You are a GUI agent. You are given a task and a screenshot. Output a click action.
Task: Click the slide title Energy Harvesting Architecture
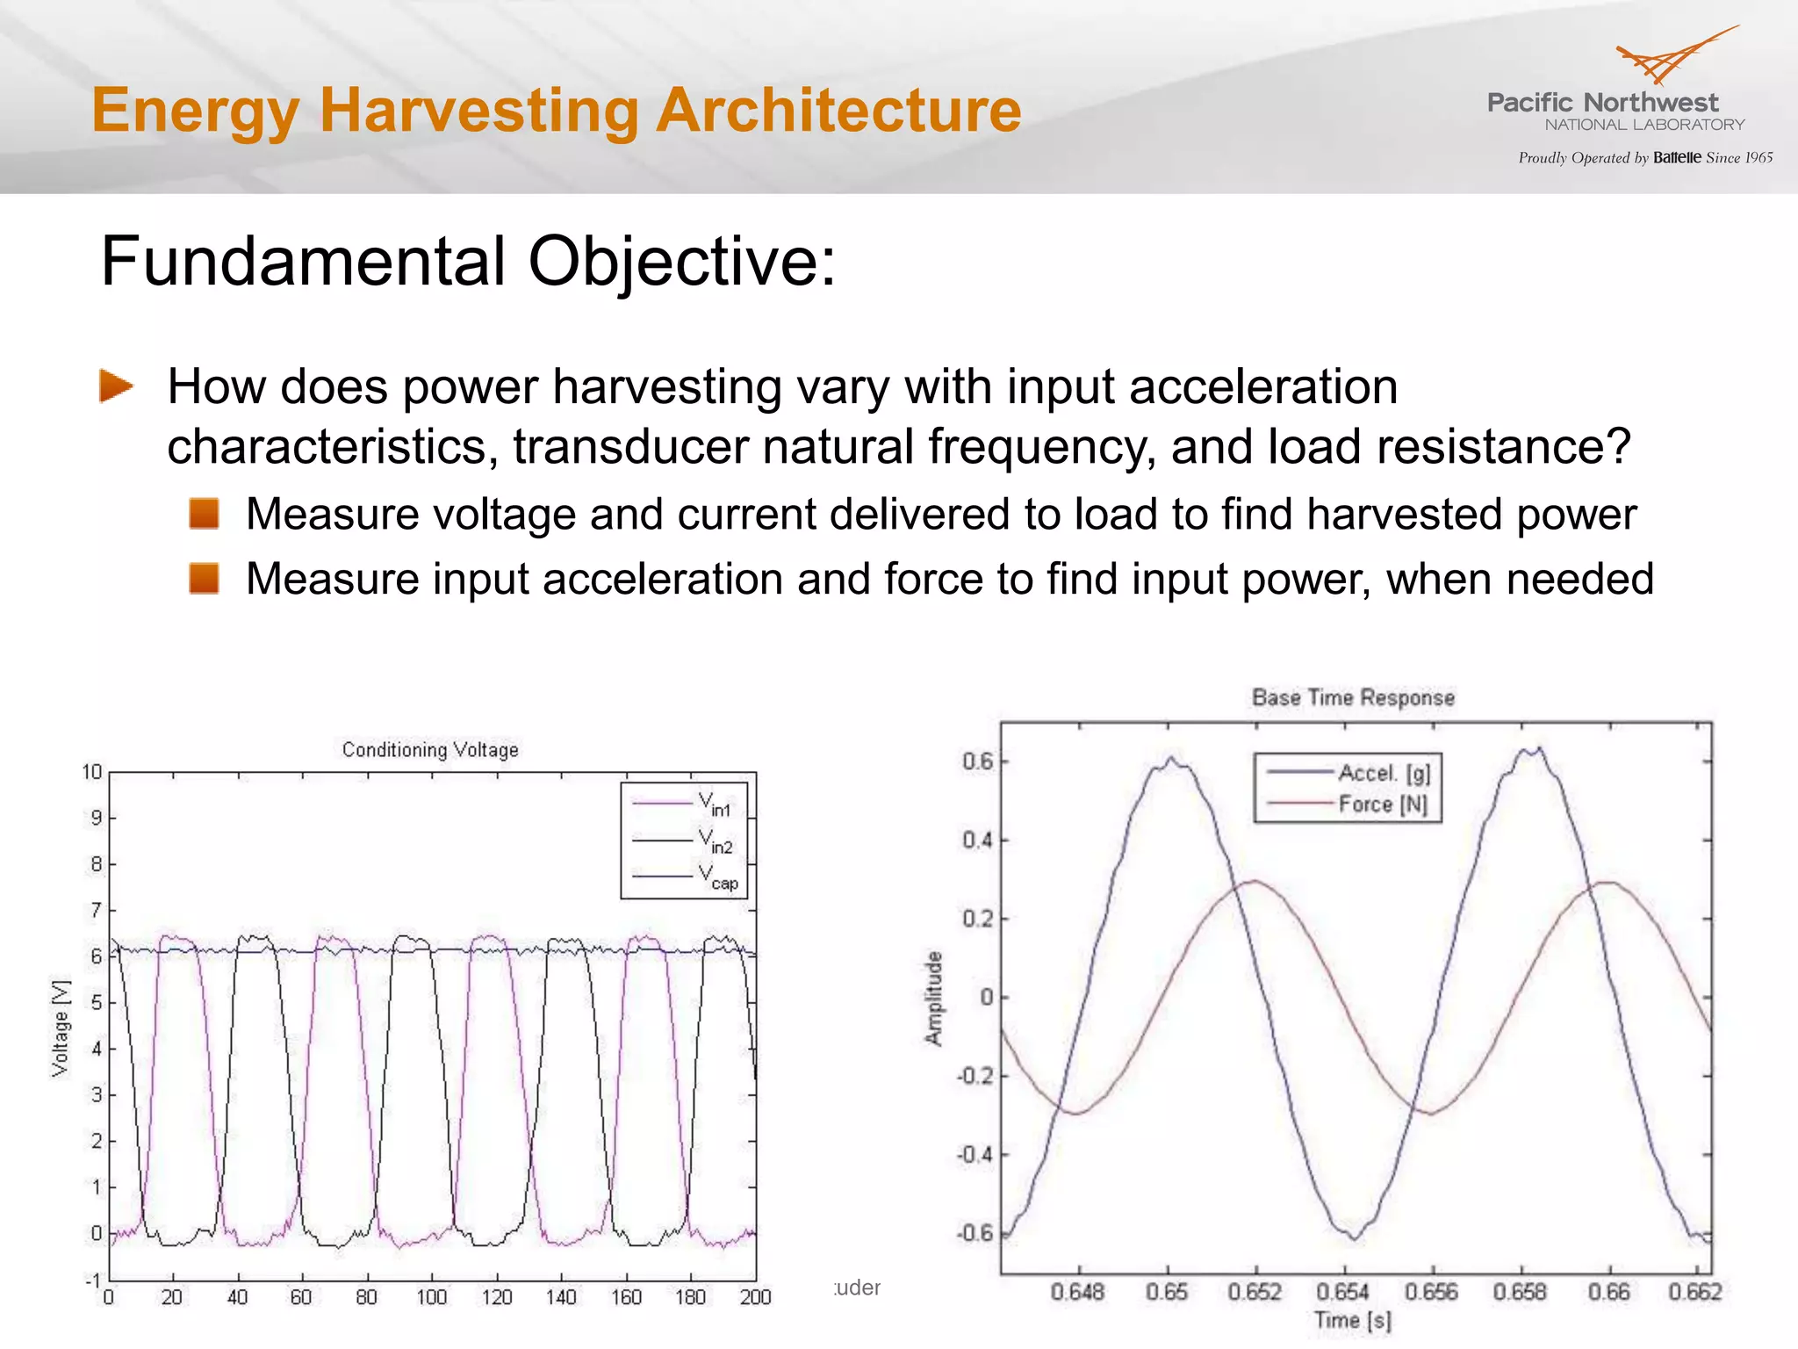click(x=557, y=111)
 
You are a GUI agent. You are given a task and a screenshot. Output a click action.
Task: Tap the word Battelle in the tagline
click(x=1677, y=158)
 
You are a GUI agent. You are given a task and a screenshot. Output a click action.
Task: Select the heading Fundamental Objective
click(x=468, y=262)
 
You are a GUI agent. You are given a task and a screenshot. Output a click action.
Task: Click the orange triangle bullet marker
click(x=115, y=386)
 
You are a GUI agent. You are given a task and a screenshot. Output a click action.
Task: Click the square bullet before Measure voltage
click(x=204, y=514)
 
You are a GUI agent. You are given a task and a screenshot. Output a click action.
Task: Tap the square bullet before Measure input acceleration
click(x=204, y=579)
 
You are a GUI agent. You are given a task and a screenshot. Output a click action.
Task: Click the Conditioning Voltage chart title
click(x=430, y=750)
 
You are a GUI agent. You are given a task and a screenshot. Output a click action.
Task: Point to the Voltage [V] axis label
click(x=60, y=1027)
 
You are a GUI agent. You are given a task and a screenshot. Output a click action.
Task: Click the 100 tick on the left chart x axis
click(x=431, y=1297)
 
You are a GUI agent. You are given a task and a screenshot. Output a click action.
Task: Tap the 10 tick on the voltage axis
click(x=92, y=772)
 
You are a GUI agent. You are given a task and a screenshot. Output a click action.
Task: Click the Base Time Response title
click(x=1353, y=698)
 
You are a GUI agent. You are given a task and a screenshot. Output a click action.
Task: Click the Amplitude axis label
click(x=934, y=999)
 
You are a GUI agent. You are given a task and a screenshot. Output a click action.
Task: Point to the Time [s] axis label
click(x=1352, y=1320)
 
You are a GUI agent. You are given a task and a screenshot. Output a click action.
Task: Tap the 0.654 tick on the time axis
click(x=1343, y=1292)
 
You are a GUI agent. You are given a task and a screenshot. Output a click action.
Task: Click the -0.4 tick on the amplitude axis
click(x=975, y=1154)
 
